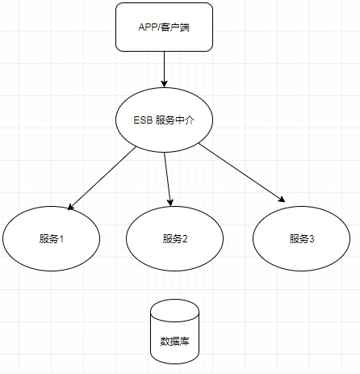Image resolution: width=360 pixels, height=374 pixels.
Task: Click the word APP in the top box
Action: coord(147,27)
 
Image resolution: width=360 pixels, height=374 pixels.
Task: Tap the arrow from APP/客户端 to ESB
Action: coord(165,69)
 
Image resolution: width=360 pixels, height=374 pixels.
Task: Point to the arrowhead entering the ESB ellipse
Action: coord(165,83)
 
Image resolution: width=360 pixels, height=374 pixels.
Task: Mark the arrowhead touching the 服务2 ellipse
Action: coord(170,201)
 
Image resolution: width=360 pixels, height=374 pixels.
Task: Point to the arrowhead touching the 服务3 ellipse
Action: coord(282,199)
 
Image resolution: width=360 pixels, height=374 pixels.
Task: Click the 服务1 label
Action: coord(51,239)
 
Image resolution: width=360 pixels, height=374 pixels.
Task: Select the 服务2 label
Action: coord(174,239)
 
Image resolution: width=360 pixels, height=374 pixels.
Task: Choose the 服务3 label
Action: coord(302,239)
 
